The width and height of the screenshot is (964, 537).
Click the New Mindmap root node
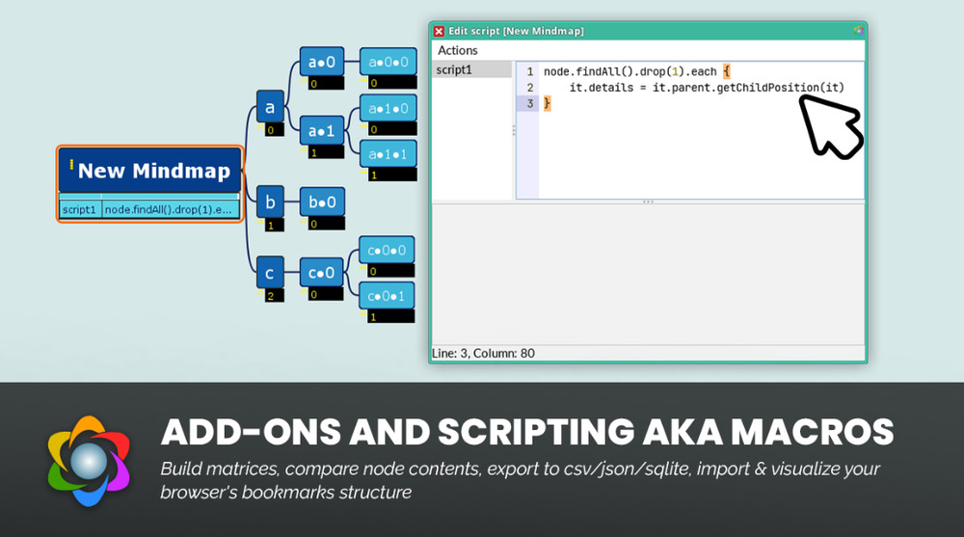[x=150, y=171]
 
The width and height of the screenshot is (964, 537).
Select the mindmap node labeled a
[x=270, y=108]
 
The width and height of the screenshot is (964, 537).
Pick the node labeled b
[x=270, y=201]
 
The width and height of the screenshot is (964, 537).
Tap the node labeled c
[x=270, y=273]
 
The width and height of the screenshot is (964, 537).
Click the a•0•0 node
[x=388, y=62]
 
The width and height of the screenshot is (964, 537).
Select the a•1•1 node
[x=388, y=154]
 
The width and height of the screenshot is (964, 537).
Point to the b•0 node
[x=322, y=201]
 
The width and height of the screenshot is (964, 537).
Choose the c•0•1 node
[x=387, y=297]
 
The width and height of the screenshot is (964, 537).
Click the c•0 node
[x=322, y=273]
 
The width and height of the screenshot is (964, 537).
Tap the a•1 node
[x=322, y=130]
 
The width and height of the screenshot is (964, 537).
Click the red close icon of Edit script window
[x=439, y=32]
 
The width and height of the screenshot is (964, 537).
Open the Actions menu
[x=457, y=50]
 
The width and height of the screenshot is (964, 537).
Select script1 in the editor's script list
[x=454, y=69]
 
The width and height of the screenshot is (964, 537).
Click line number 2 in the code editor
[x=530, y=88]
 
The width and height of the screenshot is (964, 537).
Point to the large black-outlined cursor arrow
[x=831, y=127]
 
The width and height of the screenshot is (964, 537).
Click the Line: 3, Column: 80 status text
[x=483, y=353]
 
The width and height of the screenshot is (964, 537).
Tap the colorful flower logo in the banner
[x=89, y=461]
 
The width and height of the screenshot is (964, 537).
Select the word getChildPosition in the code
[x=768, y=88]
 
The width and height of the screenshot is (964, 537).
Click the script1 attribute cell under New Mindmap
[x=80, y=209]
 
